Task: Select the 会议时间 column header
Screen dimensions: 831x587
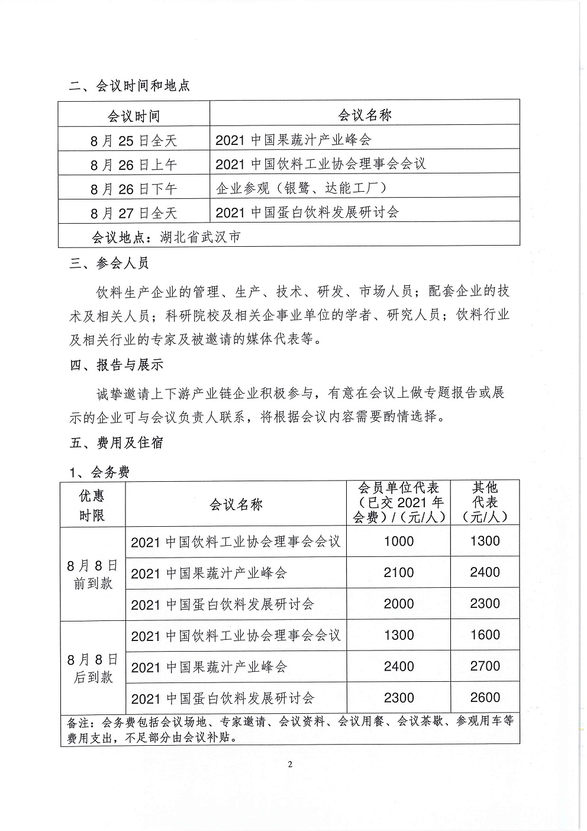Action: [x=134, y=115]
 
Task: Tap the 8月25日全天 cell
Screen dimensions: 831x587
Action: [x=134, y=140]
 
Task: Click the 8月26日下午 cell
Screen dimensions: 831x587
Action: [x=134, y=189]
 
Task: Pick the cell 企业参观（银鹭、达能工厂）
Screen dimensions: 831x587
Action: [x=301, y=188]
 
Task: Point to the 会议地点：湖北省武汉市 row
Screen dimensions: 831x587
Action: [x=166, y=237]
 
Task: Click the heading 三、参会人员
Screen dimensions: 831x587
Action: [x=109, y=263]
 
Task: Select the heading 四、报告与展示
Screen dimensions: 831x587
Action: [x=116, y=365]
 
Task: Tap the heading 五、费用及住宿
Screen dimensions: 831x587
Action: [x=116, y=443]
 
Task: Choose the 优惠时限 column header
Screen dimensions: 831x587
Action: [x=92, y=505]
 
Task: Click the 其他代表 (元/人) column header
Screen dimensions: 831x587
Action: [x=485, y=502]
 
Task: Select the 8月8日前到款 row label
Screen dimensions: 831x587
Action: [x=92, y=574]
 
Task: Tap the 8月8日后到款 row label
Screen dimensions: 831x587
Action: [x=92, y=668]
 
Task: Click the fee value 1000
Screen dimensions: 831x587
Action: [x=399, y=541]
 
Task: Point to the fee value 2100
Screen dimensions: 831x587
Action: [x=399, y=572]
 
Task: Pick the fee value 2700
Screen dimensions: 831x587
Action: [x=485, y=666]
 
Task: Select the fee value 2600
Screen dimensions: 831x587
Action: [x=485, y=698]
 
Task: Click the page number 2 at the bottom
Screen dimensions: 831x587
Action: [x=290, y=764]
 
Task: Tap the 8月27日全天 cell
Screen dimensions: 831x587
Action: [x=134, y=213]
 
